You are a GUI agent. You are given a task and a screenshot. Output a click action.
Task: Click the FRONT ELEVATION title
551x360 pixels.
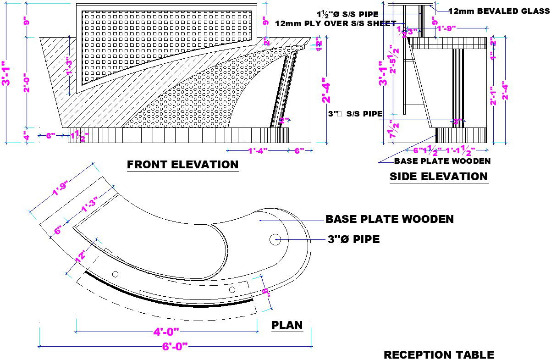[182, 165]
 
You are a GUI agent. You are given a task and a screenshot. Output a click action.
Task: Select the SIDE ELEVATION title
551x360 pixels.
[438, 177]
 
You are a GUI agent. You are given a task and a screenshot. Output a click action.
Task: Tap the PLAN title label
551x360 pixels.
[287, 325]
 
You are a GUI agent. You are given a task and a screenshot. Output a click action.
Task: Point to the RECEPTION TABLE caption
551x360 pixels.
[439, 354]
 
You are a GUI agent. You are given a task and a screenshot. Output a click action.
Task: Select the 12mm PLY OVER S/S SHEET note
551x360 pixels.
[336, 23]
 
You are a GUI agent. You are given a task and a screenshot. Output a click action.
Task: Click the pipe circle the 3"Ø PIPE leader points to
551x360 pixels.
[275, 239]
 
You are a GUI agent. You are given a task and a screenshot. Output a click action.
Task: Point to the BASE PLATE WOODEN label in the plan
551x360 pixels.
[389, 219]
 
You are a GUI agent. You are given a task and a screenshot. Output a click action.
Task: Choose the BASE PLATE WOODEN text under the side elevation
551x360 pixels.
[442, 161]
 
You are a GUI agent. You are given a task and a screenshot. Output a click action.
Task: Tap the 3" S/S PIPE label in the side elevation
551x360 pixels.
[356, 114]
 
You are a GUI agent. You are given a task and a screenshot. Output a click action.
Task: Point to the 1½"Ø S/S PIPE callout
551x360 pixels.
[347, 14]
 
